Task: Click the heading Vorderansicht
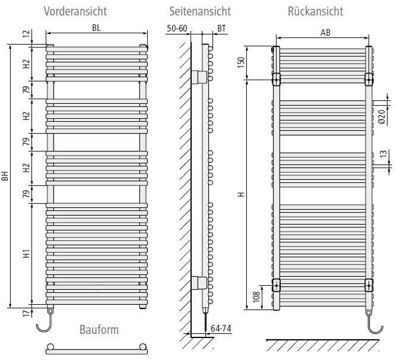tap(75, 11)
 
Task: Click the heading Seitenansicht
tap(200, 11)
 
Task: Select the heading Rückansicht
tap(316, 11)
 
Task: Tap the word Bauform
tap(99, 330)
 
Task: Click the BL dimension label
tap(96, 28)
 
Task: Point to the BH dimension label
tap(5, 176)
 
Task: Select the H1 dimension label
tap(26, 254)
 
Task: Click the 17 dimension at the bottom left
tap(26, 313)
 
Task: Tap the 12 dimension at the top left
tap(26, 34)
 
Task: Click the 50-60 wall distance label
tap(177, 28)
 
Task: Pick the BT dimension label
tap(221, 29)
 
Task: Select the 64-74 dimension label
tap(221, 329)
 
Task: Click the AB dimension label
tap(325, 33)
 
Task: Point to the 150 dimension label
tap(241, 62)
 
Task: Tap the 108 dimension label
tap(256, 296)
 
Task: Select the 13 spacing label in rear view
tap(383, 154)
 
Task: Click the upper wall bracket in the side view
tap(199, 77)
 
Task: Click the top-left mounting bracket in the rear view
tap(276, 80)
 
